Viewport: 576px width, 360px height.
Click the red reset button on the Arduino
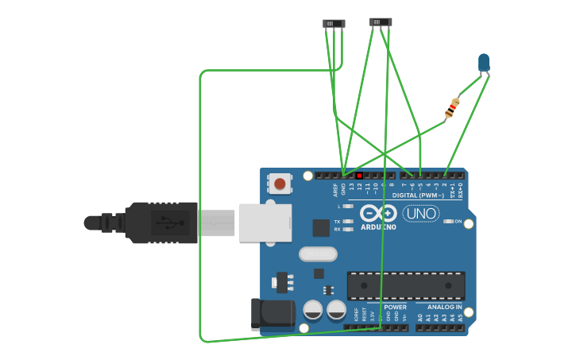click(279, 184)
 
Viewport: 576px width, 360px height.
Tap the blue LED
click(484, 62)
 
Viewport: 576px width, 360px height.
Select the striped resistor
click(452, 107)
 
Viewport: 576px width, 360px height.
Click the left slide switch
click(334, 24)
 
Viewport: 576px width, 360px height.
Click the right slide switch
click(381, 22)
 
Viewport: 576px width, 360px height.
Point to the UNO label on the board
click(420, 213)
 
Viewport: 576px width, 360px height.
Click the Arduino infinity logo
click(378, 213)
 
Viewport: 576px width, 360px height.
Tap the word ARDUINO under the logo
click(378, 227)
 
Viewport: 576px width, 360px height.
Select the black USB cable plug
click(159, 223)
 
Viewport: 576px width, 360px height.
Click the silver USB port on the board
click(265, 223)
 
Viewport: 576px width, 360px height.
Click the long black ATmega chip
click(406, 285)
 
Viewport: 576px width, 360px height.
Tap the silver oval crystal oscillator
click(318, 254)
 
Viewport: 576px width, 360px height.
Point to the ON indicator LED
click(449, 222)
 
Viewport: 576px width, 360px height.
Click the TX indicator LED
click(348, 222)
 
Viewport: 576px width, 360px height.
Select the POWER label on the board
click(395, 307)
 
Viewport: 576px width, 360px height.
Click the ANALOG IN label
click(443, 307)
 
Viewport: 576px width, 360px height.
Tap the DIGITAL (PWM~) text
click(418, 195)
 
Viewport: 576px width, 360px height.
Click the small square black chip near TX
click(321, 228)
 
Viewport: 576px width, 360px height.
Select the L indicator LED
click(348, 207)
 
